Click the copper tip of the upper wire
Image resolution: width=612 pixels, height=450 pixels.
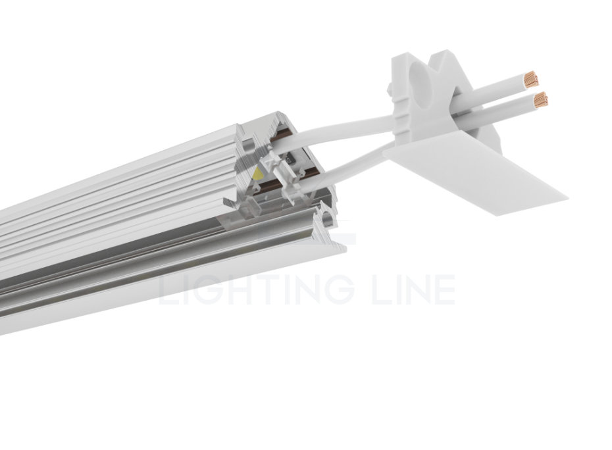tap(530, 81)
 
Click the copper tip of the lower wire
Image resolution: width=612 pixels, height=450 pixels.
tap(540, 100)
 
